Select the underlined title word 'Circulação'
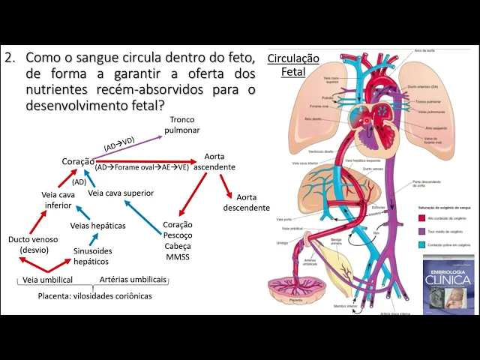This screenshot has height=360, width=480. tap(293, 58)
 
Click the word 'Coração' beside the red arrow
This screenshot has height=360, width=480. tap(78, 161)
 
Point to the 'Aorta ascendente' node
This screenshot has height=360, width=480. tap(214, 161)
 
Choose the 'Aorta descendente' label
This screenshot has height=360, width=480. tap(246, 202)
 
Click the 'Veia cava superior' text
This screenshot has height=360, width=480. tap(121, 193)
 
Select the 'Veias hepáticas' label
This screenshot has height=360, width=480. tap(97, 225)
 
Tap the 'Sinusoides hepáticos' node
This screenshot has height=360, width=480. tap(91, 256)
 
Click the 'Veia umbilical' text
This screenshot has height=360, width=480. tap(47, 280)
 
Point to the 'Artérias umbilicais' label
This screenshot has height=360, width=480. tap(133, 280)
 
